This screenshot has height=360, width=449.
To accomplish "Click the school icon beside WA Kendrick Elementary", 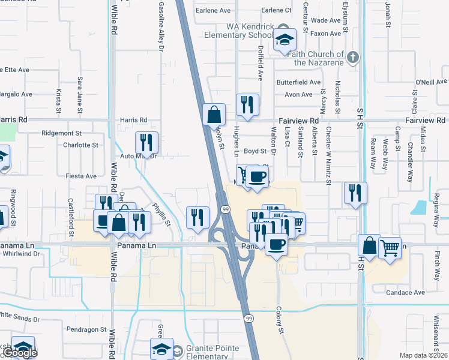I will (x=286, y=40).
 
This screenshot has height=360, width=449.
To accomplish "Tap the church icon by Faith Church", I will (x=354, y=58).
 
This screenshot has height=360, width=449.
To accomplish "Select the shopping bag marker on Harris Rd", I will (x=214, y=113).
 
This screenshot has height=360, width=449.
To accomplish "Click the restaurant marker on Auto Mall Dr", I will (x=146, y=142).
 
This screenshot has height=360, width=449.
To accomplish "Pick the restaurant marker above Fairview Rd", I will (x=247, y=104).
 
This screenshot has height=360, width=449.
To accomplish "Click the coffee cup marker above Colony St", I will (x=276, y=244).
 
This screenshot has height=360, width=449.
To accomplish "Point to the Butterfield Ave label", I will (x=298, y=82).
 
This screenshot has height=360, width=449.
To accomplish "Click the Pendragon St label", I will (x=86, y=330).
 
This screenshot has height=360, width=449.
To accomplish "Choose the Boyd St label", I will (x=255, y=151).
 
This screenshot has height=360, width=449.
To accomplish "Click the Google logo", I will (x=20, y=353).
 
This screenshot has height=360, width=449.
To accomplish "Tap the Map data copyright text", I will (x=423, y=355).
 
